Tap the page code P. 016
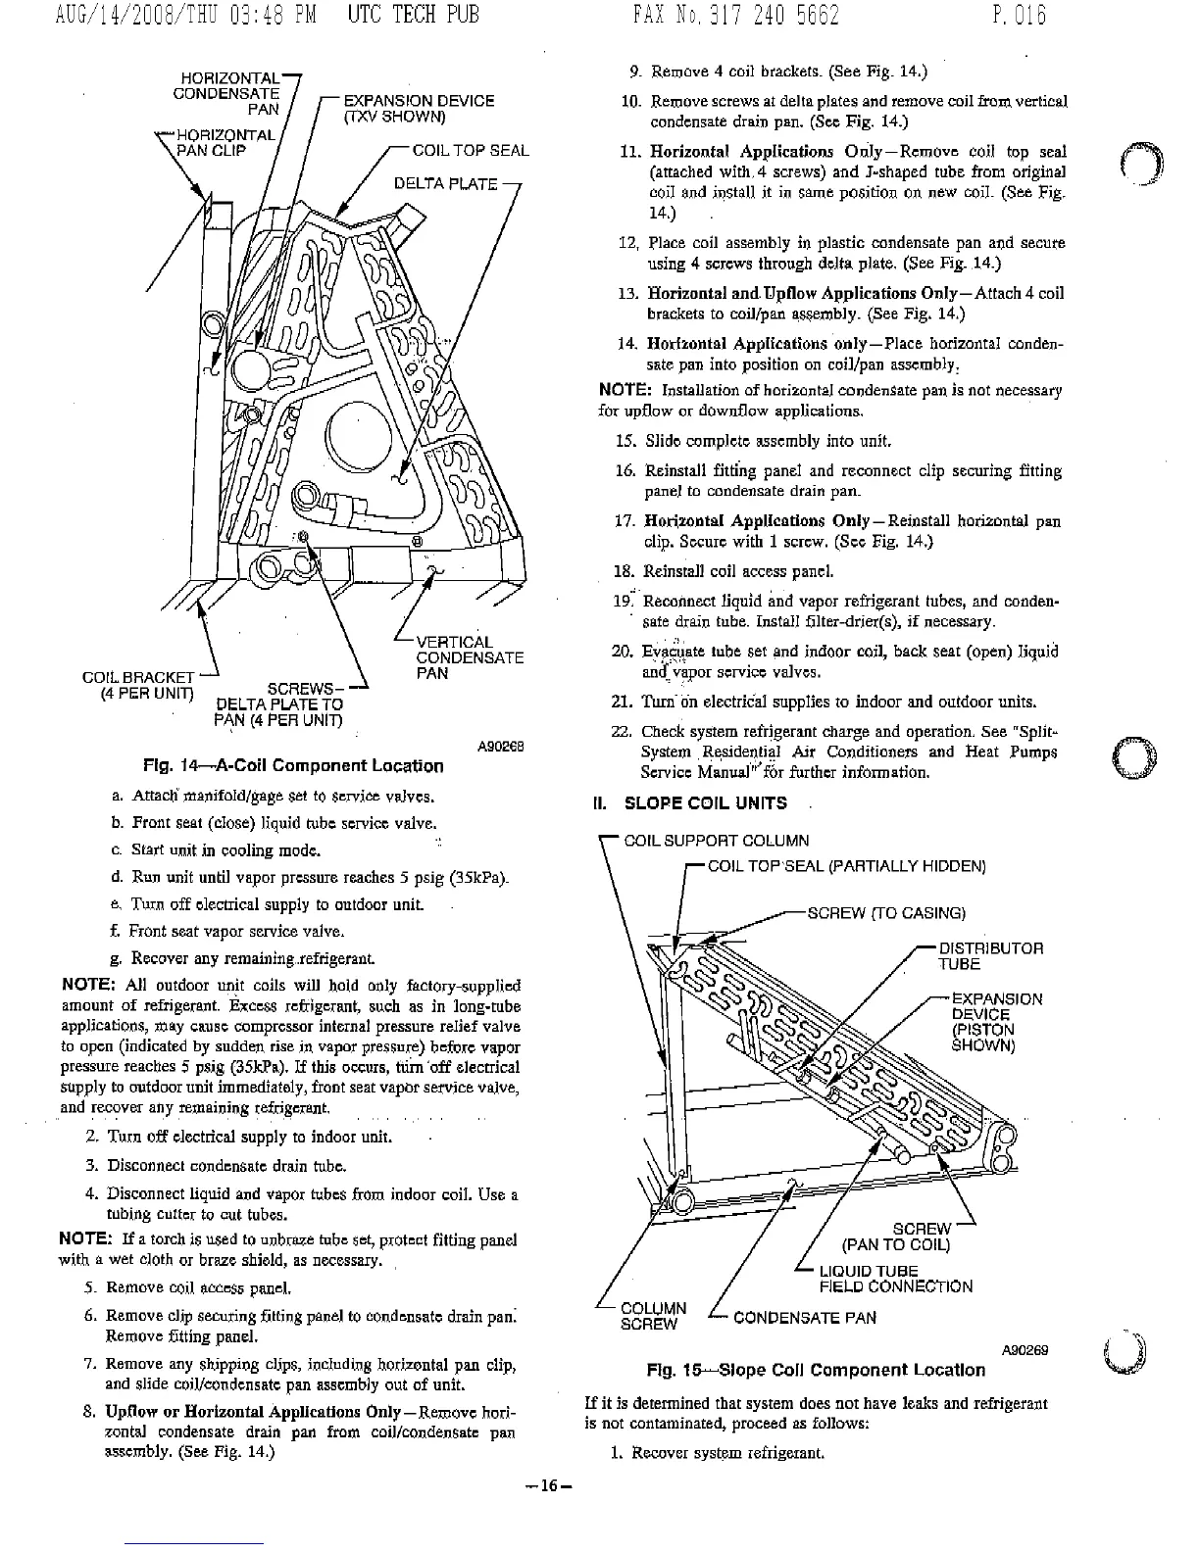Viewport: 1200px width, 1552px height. (x=1019, y=17)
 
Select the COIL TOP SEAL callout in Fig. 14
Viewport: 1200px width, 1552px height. (x=470, y=151)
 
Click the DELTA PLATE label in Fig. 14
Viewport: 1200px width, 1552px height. (x=445, y=183)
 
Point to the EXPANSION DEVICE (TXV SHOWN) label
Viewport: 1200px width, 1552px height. (x=418, y=109)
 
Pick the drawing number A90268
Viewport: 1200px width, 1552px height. (x=501, y=745)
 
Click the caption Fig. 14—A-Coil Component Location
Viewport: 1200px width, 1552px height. (x=293, y=765)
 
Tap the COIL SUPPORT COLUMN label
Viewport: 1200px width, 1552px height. (x=717, y=841)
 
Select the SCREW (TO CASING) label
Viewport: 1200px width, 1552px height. (x=885, y=913)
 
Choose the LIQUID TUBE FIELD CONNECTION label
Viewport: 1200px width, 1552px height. (x=895, y=1279)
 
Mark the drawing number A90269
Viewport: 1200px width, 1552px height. (x=1025, y=1349)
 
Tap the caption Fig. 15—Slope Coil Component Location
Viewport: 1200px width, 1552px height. (x=816, y=1370)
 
